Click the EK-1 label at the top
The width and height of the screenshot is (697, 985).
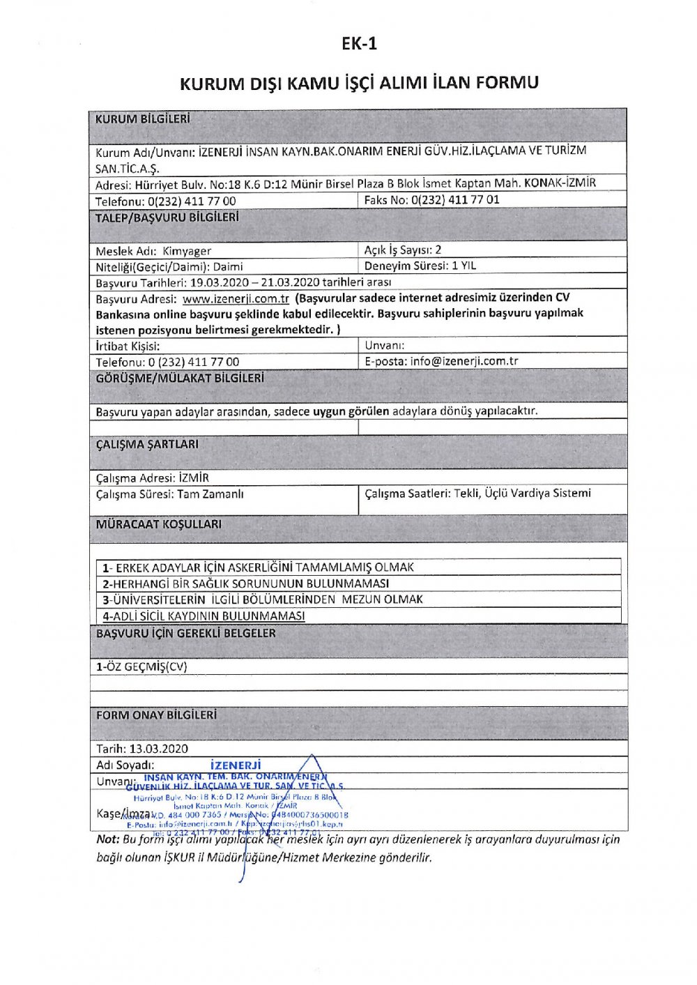(x=359, y=44)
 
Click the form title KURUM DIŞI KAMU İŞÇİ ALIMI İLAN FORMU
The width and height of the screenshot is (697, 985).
(x=359, y=83)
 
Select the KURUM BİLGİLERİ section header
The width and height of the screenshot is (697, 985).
(x=143, y=119)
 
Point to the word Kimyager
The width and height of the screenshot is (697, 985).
(x=187, y=251)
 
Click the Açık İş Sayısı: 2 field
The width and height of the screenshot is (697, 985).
(x=403, y=250)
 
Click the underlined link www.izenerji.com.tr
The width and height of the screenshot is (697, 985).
(x=236, y=298)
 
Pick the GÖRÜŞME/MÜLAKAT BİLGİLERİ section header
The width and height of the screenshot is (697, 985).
(x=180, y=379)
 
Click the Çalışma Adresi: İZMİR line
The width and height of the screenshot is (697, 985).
(x=153, y=478)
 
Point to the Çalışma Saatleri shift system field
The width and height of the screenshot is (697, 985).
(x=477, y=494)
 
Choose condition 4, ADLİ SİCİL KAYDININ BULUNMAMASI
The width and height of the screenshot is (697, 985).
(x=204, y=616)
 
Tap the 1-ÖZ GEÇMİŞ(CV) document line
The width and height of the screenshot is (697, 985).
(x=141, y=666)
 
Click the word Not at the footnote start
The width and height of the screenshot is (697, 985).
(x=107, y=839)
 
